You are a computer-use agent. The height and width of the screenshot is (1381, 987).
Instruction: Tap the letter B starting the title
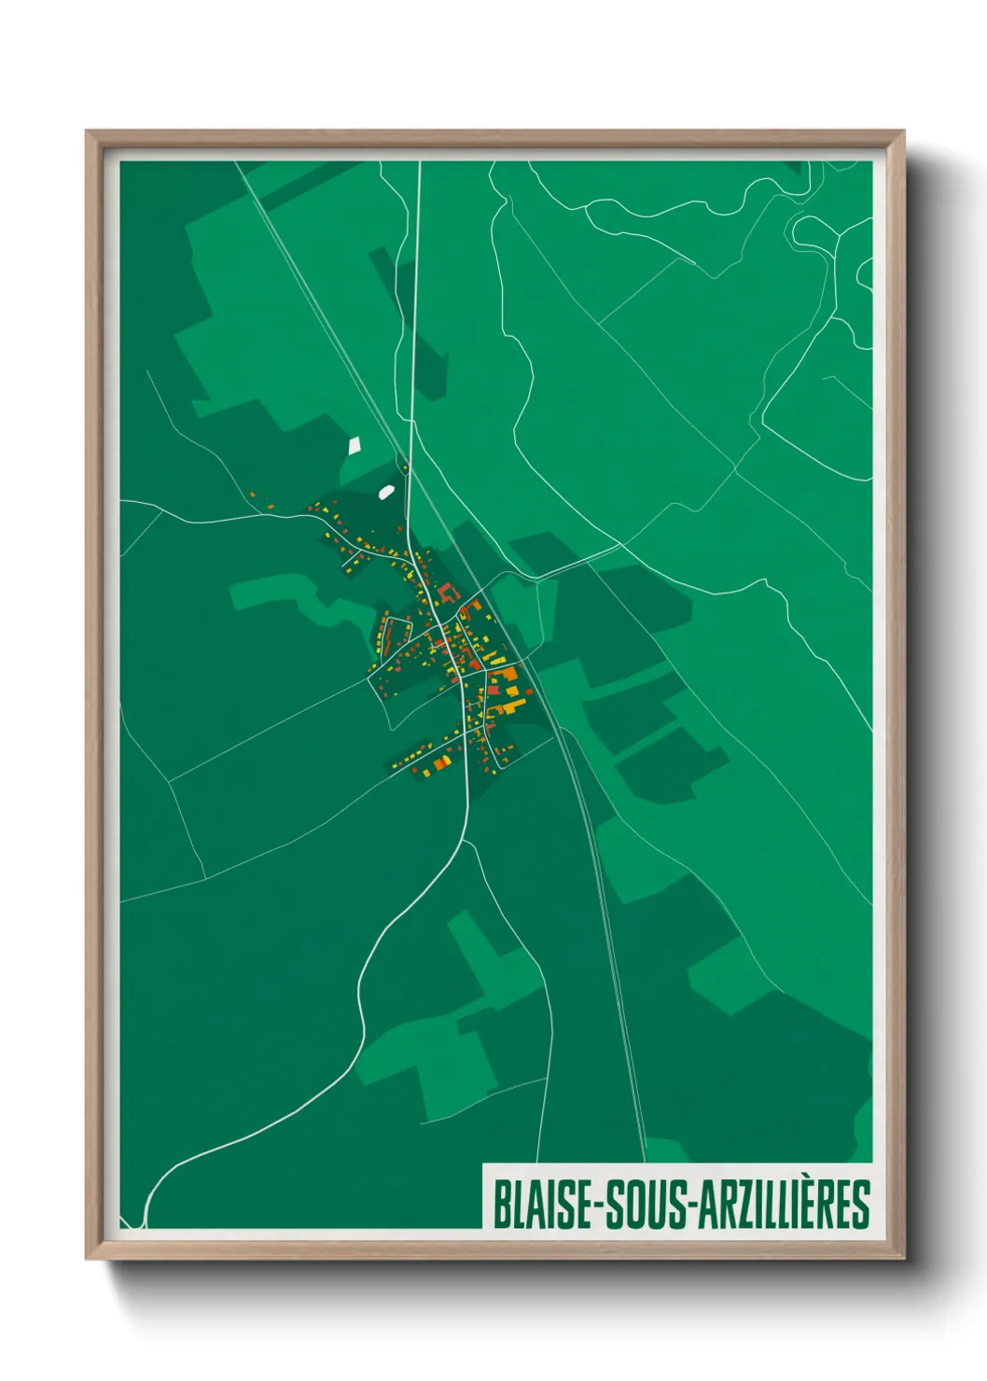tap(500, 1205)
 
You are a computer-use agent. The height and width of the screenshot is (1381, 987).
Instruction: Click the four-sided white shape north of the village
tap(354, 446)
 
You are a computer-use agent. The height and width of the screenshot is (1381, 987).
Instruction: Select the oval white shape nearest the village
tap(386, 490)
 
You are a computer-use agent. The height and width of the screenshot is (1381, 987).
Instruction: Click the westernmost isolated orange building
tap(251, 495)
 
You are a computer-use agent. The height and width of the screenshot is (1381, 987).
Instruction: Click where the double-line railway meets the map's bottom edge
tap(644, 1161)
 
